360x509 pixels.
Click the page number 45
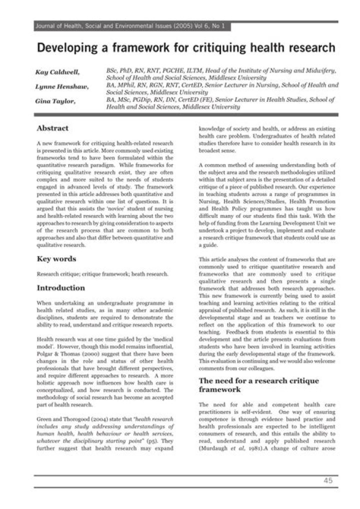327,481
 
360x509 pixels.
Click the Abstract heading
52,128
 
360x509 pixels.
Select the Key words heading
56,259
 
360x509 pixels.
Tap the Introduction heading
61,288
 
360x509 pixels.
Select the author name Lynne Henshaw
62,87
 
